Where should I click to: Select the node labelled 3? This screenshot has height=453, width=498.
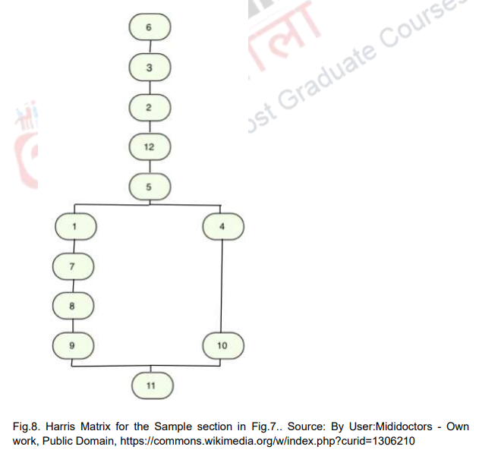pyautogui.click(x=149, y=67)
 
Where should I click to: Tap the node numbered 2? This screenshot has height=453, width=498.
pyautogui.click(x=149, y=107)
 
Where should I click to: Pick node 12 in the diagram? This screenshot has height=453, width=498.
pyautogui.click(x=149, y=146)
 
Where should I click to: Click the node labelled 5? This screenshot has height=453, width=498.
pyautogui.click(x=149, y=185)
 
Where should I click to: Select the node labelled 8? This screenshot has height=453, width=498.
pyautogui.click(x=74, y=305)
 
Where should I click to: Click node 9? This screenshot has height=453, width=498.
pyautogui.click(x=74, y=345)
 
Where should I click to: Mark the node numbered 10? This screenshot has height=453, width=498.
pyautogui.click(x=222, y=345)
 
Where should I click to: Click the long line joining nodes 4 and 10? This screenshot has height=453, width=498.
pyautogui.click(x=222, y=285)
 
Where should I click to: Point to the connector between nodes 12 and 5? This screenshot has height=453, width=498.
pyautogui.click(x=149, y=165)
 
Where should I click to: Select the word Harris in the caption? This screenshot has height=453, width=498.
pyautogui.click(x=73, y=426)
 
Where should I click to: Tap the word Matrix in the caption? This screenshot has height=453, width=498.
pyautogui.click(x=113, y=426)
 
